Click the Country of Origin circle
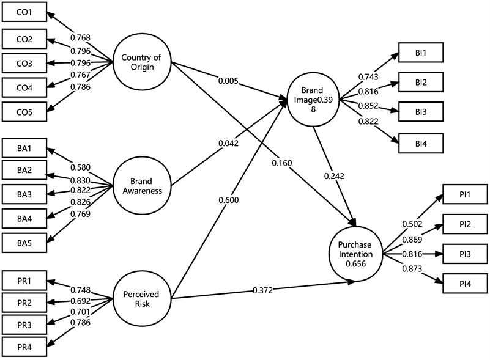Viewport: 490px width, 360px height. [x=141, y=62]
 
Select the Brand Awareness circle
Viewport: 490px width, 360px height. [x=141, y=185]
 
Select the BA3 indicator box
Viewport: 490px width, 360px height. [x=24, y=195]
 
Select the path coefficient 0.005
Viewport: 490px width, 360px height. [x=229, y=80]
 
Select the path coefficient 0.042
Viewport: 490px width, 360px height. [x=228, y=144]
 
